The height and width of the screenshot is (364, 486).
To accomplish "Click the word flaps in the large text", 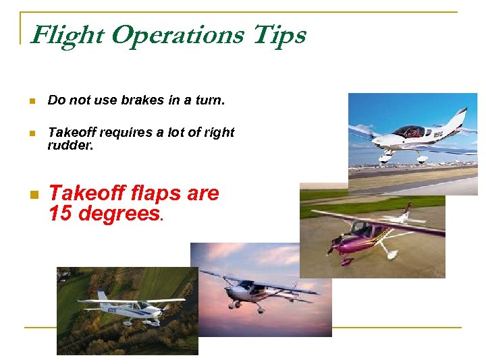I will point(153,193).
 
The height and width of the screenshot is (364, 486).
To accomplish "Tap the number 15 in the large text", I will point(61,214).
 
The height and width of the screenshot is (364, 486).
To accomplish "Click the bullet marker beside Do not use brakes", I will point(31,101).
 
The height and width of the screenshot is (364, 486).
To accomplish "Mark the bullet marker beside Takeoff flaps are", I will point(31,195).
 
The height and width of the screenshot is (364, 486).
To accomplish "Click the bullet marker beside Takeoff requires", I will point(31,133).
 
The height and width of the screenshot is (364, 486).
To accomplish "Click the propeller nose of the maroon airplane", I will point(333,245).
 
